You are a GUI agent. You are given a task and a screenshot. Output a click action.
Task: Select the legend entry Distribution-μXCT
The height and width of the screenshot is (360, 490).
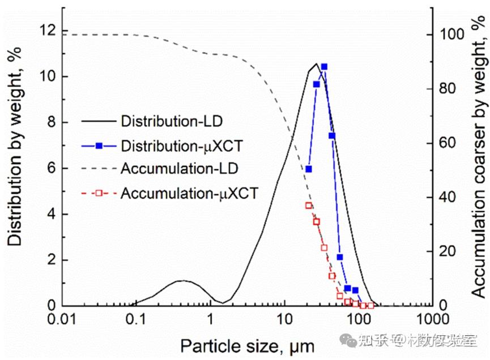[x=181, y=145]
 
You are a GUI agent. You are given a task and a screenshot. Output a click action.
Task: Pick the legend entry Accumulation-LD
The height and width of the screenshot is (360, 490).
[x=179, y=169]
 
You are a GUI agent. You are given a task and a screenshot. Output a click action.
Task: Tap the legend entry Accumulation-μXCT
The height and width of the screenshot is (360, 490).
[x=189, y=193]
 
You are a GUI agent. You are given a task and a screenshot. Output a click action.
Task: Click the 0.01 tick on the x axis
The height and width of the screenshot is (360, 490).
[x=62, y=320]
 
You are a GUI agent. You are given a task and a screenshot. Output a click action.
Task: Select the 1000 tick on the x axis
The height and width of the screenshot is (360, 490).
[x=432, y=320]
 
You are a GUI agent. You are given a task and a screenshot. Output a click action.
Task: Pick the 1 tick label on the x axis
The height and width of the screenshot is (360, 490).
[x=210, y=320]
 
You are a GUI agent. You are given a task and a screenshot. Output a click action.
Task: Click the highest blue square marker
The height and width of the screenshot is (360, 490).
[x=324, y=67]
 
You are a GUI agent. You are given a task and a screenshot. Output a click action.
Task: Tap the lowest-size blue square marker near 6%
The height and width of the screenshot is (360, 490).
[x=309, y=169]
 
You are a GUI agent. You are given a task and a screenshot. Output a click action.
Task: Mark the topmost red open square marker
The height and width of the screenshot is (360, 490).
[x=309, y=205]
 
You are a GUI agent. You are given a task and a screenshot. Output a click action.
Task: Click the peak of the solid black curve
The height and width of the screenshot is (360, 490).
[x=316, y=63]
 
